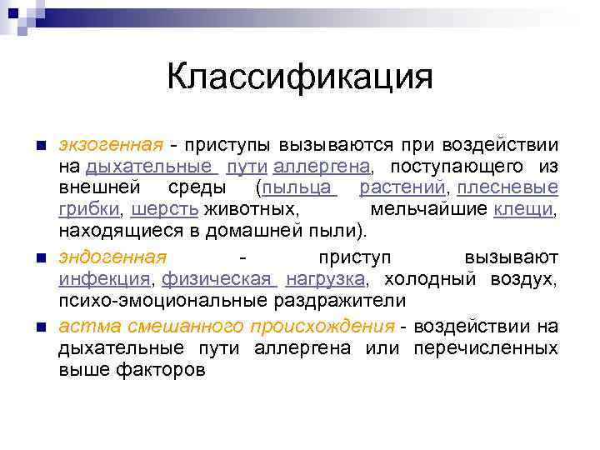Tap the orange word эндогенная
112,257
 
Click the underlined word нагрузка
324,279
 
